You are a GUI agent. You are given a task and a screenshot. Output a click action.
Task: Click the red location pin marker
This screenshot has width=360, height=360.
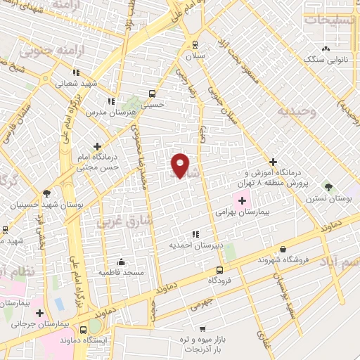point(181,165)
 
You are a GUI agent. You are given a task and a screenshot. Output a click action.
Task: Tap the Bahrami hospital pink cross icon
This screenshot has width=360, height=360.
point(242,200)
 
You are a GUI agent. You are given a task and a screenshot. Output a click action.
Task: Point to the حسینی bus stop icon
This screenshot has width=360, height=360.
point(153,93)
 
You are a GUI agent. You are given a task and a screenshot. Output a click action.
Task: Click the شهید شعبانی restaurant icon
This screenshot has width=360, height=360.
point(76,72)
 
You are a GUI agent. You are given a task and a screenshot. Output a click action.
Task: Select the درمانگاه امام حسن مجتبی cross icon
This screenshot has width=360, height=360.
point(97,146)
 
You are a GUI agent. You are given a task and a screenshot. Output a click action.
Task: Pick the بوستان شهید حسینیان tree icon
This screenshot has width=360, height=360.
point(46,193)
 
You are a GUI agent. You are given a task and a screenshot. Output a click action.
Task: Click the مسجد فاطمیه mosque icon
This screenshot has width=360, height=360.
point(121,262)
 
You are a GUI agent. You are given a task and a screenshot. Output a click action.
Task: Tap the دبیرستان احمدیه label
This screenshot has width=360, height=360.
point(195,245)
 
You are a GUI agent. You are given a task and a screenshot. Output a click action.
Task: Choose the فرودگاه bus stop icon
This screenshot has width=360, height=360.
point(220,270)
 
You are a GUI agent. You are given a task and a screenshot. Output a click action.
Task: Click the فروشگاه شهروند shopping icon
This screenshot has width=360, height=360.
point(283,249)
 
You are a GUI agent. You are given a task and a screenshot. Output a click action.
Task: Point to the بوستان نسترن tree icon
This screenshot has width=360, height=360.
point(328,187)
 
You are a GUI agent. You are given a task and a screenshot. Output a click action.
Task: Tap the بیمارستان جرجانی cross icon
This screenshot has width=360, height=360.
point(40,313)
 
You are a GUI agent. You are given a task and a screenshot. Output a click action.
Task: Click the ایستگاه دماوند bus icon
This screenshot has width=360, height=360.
point(84,329)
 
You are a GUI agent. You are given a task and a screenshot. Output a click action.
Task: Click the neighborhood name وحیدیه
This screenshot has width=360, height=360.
point(297,112)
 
